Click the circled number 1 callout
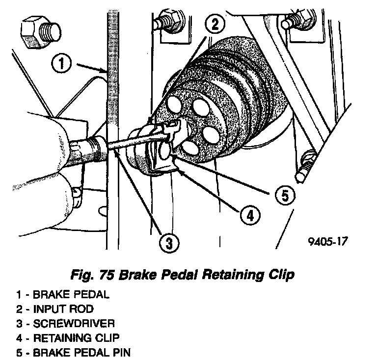pyautogui.click(x=60, y=64)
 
